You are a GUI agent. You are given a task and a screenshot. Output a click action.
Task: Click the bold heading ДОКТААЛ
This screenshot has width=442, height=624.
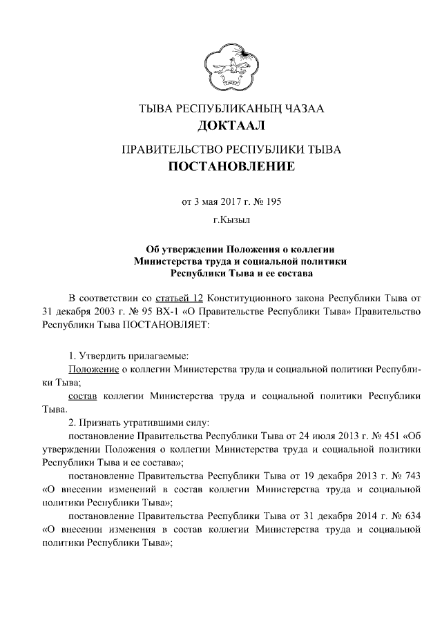point(231,126)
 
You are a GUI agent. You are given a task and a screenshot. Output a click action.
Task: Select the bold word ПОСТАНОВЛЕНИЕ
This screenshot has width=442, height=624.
point(231,166)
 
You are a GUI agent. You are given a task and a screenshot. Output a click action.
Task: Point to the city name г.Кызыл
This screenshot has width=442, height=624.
point(231,221)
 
